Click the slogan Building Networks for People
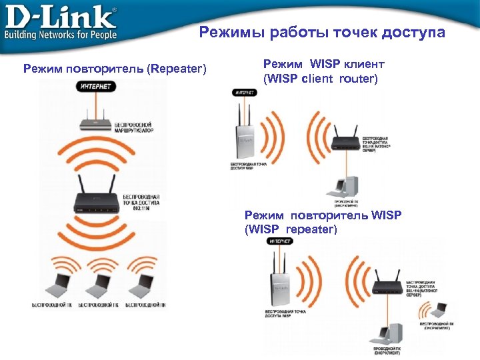point(61,34)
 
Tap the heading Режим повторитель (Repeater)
point(115,69)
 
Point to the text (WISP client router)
point(321,79)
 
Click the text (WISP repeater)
point(291,229)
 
